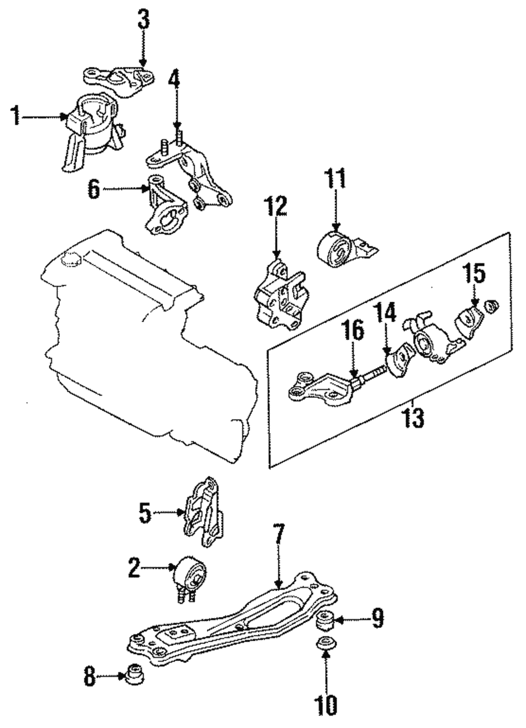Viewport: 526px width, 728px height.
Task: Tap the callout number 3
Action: (x=144, y=21)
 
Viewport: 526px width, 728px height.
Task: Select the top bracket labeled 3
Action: (x=118, y=79)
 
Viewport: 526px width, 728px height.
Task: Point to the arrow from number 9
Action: (x=347, y=621)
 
